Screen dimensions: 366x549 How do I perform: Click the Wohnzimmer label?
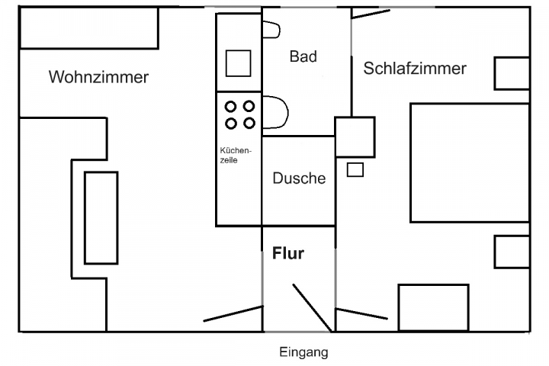click(98, 77)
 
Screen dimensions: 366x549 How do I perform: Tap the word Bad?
click(303, 56)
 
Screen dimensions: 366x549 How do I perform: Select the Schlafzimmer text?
click(415, 69)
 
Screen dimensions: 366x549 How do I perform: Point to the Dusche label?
click(299, 178)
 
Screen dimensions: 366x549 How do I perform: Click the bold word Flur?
click(287, 254)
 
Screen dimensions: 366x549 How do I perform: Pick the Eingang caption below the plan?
click(303, 352)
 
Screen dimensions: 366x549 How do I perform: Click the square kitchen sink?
click(238, 63)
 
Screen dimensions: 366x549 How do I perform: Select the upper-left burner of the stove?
click(230, 106)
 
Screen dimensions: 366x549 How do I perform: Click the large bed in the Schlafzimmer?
click(470, 162)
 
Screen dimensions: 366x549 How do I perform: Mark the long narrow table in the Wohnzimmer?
click(101, 218)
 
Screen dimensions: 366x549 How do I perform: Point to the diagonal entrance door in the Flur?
click(311, 308)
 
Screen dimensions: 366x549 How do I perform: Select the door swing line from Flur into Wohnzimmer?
click(233, 313)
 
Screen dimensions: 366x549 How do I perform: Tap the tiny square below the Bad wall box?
click(355, 169)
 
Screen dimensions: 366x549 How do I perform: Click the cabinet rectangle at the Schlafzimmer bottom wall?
click(433, 307)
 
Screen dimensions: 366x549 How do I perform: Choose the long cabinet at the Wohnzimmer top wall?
click(88, 29)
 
